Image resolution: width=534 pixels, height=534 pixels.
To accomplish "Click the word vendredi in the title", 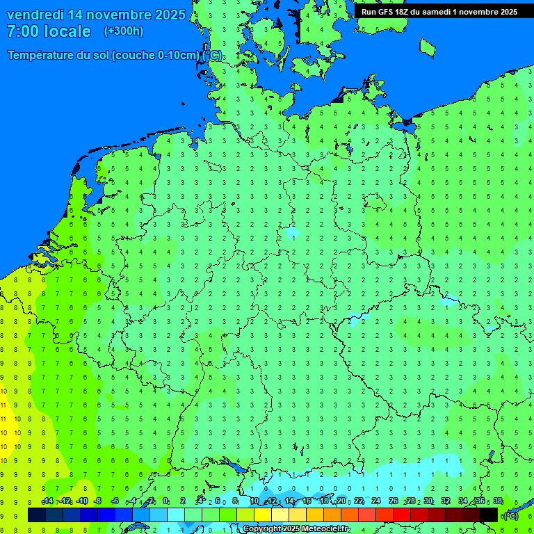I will click(35, 15).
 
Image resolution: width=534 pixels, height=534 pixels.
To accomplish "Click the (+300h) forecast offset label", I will click(123, 31).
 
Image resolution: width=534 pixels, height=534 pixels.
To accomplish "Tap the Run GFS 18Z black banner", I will click(439, 11).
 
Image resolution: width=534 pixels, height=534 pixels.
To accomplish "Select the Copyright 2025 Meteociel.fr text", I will click(296, 529).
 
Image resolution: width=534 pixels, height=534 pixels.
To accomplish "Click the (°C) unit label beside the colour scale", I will click(510, 516).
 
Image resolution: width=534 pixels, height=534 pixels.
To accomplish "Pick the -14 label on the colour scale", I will click(47, 501).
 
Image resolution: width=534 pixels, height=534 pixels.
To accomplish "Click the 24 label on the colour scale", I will click(375, 501).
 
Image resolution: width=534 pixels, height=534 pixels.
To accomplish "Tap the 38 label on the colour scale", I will click(498, 501).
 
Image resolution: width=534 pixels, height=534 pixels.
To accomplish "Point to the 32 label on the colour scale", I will click(446, 501).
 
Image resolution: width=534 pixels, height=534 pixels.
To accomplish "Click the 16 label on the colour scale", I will click(306, 501).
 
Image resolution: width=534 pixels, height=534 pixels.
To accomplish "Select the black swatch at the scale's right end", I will click(489, 515).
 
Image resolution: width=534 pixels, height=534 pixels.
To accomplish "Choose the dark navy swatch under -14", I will click(37, 515).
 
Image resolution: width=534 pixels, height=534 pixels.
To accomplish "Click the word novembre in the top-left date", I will click(115, 15).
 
